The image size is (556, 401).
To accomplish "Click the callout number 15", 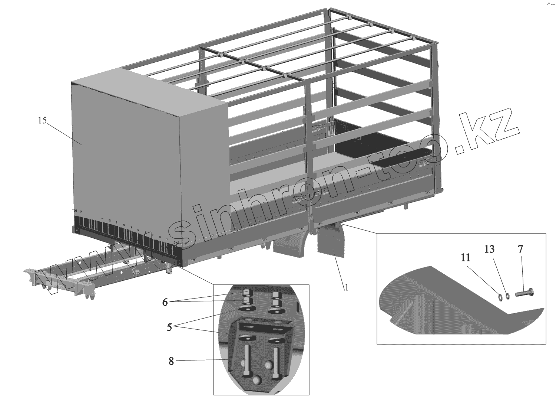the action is click(x=42, y=120).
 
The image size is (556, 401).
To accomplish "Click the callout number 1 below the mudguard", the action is click(x=347, y=287).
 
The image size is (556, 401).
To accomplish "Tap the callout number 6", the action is click(x=165, y=302).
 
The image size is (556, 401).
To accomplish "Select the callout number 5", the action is click(x=169, y=327).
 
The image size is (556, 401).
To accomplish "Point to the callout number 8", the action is click(x=171, y=361).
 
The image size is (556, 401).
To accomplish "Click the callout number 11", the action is click(x=466, y=257).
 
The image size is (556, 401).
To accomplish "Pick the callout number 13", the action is click(x=490, y=249).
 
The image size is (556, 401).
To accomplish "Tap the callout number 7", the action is click(x=520, y=249).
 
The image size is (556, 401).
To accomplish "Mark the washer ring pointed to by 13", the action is click(x=508, y=295).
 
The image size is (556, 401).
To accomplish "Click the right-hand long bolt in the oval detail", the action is click(x=275, y=364).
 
